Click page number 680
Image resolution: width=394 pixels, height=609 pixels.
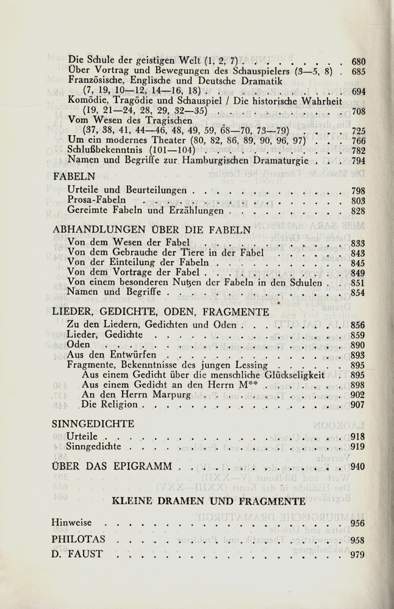coord(358,61)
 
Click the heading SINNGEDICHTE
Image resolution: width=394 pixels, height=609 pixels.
coord(93,423)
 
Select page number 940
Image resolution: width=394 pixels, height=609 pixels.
coord(358,467)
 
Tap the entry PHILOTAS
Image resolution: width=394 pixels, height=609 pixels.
coord(79,540)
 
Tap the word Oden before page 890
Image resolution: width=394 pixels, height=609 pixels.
coord(79,345)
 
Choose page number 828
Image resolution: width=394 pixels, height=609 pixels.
coord(358,211)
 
